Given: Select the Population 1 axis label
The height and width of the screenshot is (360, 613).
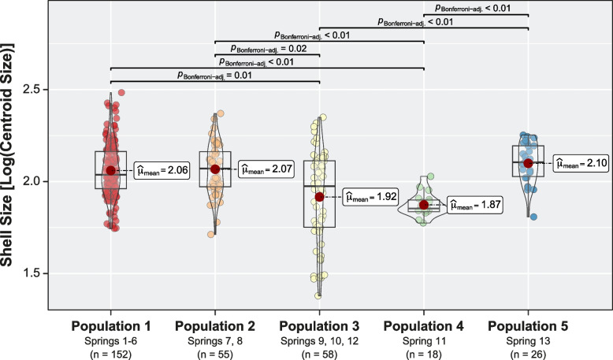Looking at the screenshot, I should tap(110, 326).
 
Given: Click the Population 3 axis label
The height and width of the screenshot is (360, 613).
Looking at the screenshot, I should tap(319, 326).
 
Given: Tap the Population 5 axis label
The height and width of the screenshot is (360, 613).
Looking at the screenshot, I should tap(528, 326).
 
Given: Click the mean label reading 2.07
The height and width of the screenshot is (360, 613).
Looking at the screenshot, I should tap(268, 168).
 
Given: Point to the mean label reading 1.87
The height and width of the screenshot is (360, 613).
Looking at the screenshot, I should tap(475, 205).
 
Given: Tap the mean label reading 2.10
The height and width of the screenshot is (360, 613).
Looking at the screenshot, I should tap(581, 163).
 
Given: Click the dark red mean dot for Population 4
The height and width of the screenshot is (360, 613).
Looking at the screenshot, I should tap(424, 205).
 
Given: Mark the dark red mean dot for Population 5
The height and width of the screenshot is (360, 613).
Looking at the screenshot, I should tap(528, 163).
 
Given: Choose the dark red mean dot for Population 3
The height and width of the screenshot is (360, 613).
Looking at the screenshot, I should tap(319, 196).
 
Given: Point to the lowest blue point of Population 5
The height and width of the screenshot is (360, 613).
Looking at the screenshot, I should tap(533, 216).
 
